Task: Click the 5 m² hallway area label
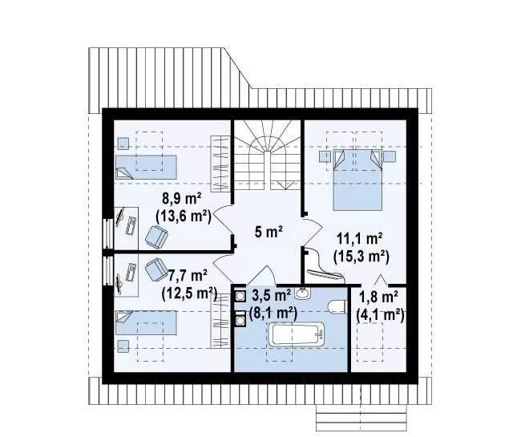[269, 232]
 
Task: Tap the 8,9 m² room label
[182, 198]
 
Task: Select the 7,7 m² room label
[188, 276]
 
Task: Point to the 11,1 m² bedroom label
[360, 239]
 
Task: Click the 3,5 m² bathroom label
[272, 295]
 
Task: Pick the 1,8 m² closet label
[378, 297]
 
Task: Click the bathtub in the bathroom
[297, 334]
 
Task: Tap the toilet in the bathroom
[337, 307]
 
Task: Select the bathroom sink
[303, 293]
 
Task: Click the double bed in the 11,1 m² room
[357, 180]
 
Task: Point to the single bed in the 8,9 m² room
[146, 167]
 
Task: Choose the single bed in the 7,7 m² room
[146, 323]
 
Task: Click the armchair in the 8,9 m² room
[156, 236]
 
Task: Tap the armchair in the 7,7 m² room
[156, 269]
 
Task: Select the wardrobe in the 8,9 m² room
[220, 164]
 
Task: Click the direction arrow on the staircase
[285, 185]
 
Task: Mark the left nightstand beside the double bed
[325, 156]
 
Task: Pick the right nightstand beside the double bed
[390, 156]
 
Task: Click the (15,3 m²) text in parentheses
[362, 257]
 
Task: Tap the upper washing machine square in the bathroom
[240, 296]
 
